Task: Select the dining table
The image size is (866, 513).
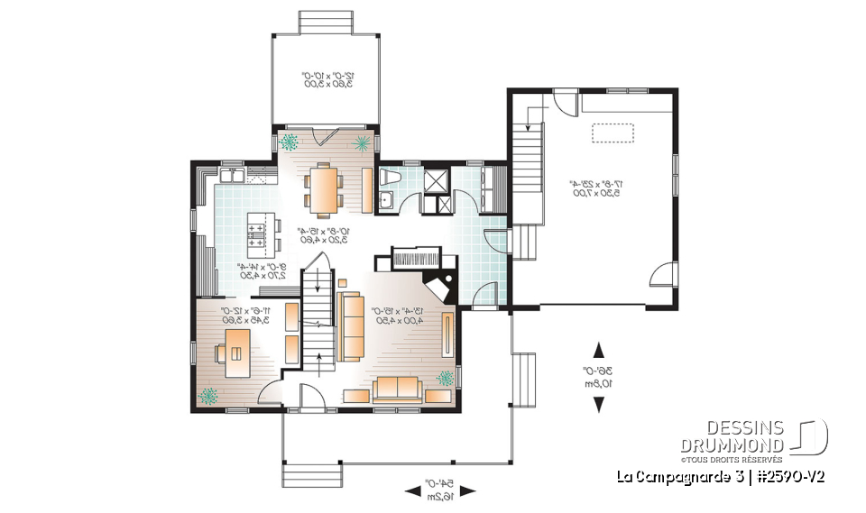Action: (x=323, y=188)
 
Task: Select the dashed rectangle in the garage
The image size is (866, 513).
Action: (x=614, y=133)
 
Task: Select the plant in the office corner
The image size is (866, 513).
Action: (x=209, y=394)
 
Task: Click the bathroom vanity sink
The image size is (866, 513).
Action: (x=386, y=200)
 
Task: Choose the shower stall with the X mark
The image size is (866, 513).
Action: (x=436, y=179)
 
